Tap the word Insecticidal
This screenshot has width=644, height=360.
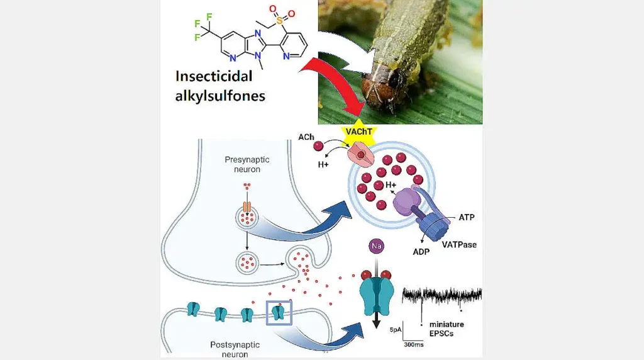214,76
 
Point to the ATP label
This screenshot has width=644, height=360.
467,217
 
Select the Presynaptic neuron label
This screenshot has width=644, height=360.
247,164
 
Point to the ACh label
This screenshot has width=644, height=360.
306,137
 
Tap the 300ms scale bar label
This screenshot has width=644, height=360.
413,344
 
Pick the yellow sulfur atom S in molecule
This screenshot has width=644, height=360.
273,21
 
